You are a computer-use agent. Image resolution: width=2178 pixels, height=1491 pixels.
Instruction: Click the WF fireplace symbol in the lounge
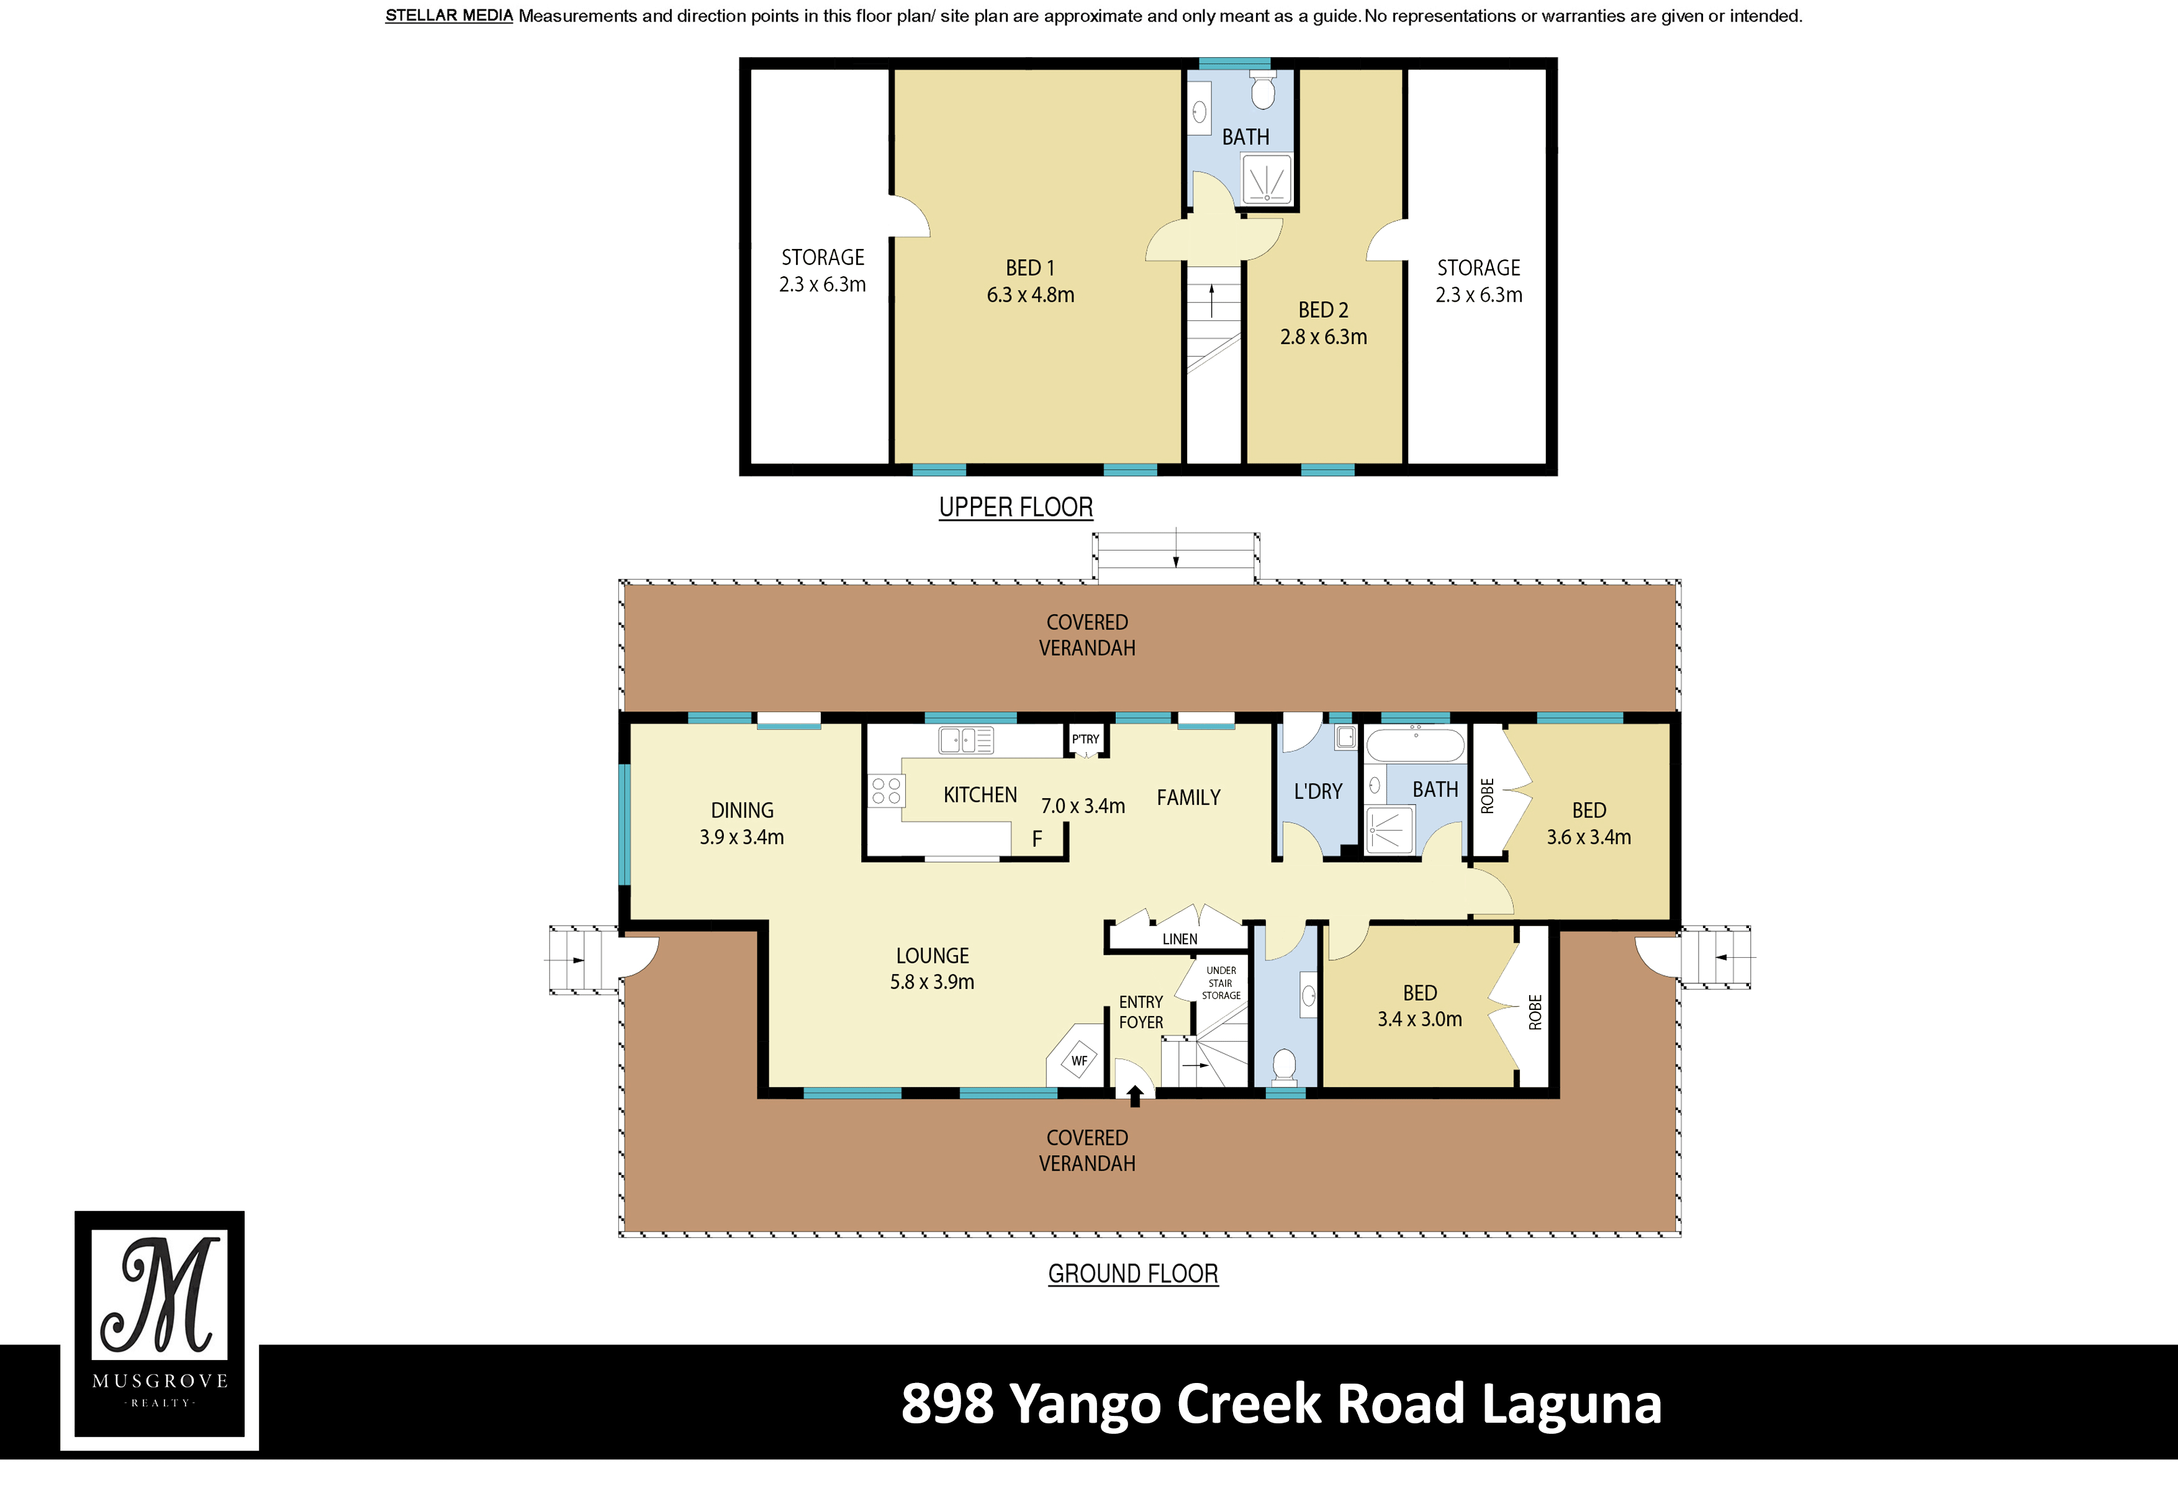click(1078, 1061)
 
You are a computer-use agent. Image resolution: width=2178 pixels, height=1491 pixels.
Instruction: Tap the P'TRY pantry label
click(1085, 739)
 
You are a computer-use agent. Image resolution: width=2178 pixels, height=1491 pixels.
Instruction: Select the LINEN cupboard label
click(1179, 939)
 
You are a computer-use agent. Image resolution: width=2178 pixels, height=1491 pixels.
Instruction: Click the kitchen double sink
click(965, 741)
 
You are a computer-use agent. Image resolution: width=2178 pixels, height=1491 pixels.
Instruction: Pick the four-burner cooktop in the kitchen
click(885, 790)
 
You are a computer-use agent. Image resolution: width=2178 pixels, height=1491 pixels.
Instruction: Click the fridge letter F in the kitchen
click(1036, 839)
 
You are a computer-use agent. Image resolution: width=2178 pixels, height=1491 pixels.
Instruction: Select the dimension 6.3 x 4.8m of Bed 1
click(1030, 295)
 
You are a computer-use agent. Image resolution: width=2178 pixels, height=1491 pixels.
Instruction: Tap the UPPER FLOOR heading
click(1016, 507)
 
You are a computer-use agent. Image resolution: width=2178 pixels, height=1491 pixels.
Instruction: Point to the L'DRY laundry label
click(1317, 792)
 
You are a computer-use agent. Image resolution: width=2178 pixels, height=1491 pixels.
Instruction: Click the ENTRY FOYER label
click(1141, 1012)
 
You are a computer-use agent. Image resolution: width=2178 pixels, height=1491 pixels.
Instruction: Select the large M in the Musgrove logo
click(161, 1296)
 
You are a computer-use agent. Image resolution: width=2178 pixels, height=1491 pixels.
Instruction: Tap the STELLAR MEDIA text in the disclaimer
click(449, 16)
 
